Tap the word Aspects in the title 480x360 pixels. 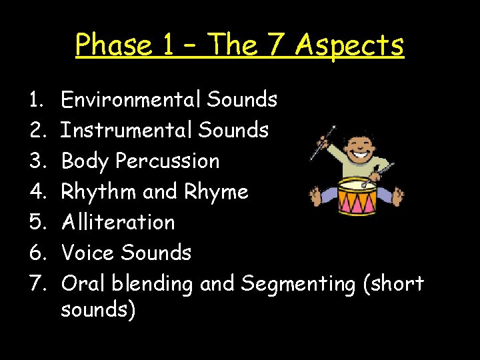click(x=349, y=45)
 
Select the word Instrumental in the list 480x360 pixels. click(x=127, y=130)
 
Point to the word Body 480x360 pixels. click(x=85, y=161)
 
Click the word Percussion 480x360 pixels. click(x=167, y=161)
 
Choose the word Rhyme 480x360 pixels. click(x=215, y=192)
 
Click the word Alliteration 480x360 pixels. click(x=117, y=222)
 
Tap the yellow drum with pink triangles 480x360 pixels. click(x=358, y=195)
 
